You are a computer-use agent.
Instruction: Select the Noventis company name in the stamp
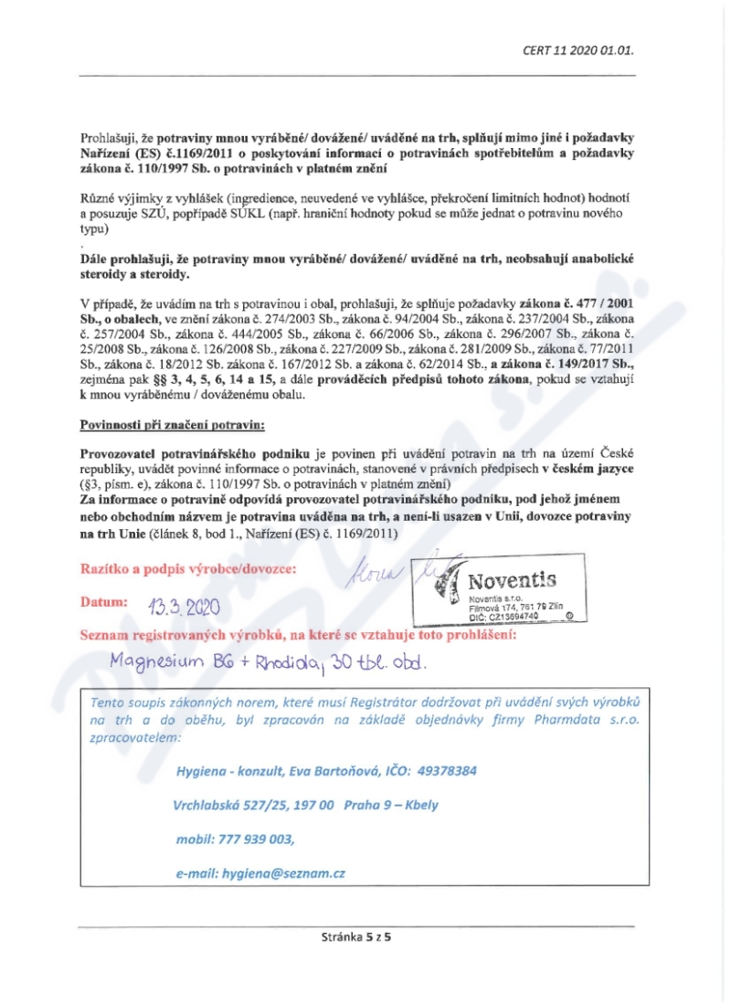pos(511,580)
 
